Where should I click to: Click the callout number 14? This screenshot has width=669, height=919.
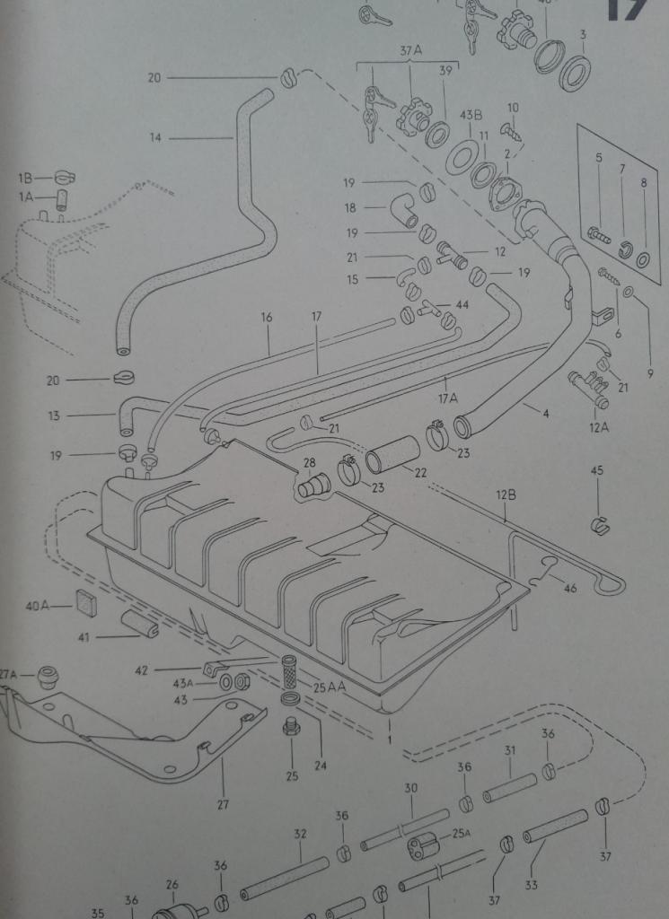[x=155, y=137]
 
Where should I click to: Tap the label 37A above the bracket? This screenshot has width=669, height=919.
[x=410, y=52]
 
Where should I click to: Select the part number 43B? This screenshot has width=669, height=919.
[x=471, y=116]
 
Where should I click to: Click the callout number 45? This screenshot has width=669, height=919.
[x=597, y=470]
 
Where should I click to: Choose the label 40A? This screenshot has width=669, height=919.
[x=37, y=606]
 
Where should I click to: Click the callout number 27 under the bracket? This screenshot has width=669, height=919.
[x=223, y=804]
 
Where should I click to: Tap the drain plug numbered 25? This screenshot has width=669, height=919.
[x=291, y=726]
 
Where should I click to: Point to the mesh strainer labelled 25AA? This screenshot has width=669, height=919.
[x=289, y=670]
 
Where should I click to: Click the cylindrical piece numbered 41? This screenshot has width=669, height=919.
[x=140, y=624]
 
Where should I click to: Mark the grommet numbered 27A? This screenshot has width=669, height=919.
[x=47, y=678]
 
